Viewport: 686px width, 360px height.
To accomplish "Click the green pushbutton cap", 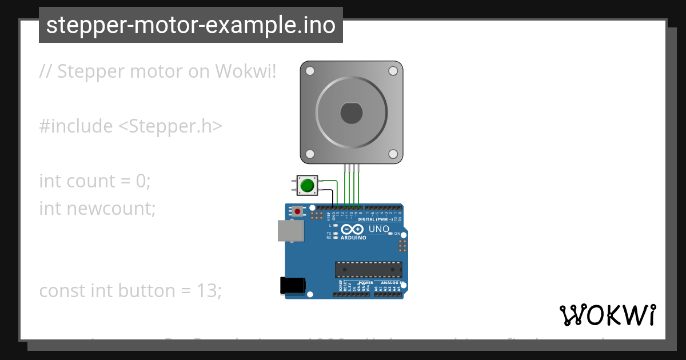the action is pyautogui.click(x=307, y=185).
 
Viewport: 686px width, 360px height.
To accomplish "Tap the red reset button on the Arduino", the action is pyautogui.click(x=297, y=211).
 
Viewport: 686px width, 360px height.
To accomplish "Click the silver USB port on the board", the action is pyautogui.click(x=290, y=231).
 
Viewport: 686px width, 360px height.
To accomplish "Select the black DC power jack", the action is pyautogui.click(x=292, y=285).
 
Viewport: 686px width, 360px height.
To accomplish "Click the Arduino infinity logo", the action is pyautogui.click(x=352, y=229).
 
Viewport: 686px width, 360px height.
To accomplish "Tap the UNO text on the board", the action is pyautogui.click(x=378, y=229).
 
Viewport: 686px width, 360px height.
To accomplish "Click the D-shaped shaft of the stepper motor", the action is pyautogui.click(x=351, y=113).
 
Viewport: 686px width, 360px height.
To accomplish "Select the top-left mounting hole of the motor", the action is pyautogui.click(x=310, y=71).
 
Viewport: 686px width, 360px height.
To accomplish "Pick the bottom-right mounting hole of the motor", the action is pyautogui.click(x=393, y=154).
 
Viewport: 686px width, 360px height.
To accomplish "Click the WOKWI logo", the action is pyautogui.click(x=607, y=315).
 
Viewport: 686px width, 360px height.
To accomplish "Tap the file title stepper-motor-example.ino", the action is pyautogui.click(x=190, y=25).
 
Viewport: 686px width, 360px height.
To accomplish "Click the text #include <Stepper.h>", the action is pyautogui.click(x=130, y=126).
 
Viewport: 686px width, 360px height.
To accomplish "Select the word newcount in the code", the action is pyautogui.click(x=111, y=209).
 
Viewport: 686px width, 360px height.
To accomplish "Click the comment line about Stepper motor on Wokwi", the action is pyautogui.click(x=158, y=71).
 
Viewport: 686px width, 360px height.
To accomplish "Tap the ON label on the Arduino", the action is pyautogui.click(x=397, y=234).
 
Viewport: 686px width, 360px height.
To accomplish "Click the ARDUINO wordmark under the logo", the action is pyautogui.click(x=353, y=238).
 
